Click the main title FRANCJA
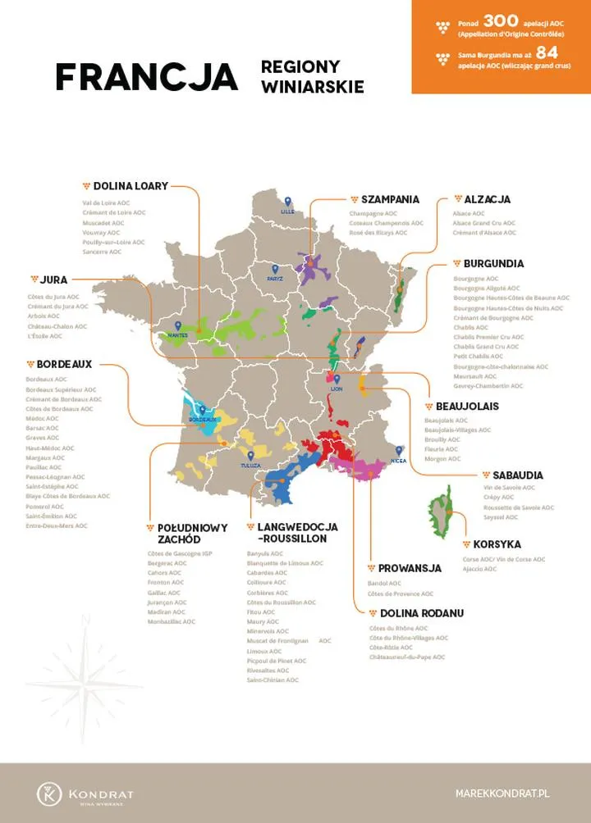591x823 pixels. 146,77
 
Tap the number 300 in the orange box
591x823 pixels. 500,21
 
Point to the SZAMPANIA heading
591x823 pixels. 390,199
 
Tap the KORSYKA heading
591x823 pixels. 496,544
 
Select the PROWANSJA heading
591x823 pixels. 410,568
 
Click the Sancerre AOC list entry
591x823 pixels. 102,252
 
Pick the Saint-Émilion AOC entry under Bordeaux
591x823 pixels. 52,516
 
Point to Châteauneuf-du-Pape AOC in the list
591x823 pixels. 407,657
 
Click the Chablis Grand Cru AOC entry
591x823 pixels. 488,347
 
